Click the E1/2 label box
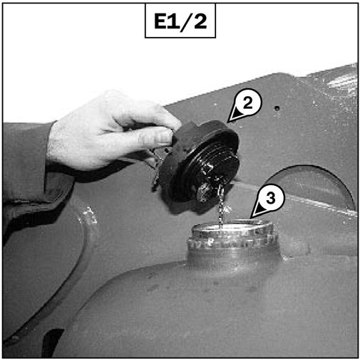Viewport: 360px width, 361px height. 180,21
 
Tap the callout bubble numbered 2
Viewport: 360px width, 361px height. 248,103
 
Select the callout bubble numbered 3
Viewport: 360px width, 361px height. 270,198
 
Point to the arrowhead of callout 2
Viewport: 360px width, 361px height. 234,116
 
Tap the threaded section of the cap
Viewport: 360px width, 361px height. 214,166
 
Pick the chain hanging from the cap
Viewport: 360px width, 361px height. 221,206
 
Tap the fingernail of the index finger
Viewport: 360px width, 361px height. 164,137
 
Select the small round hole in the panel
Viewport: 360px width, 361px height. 277,108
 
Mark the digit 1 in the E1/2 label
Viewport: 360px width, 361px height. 173,21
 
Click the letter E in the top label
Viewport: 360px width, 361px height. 161,21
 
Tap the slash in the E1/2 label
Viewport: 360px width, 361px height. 185,21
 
